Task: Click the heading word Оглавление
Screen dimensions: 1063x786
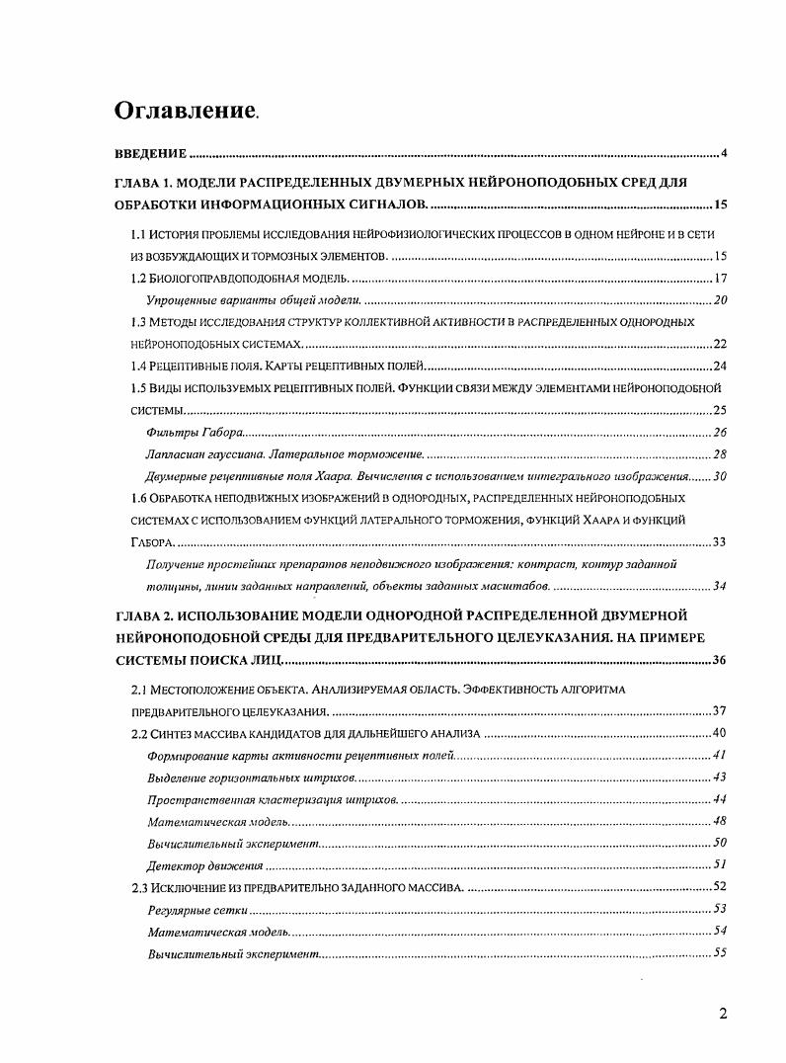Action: point(185,110)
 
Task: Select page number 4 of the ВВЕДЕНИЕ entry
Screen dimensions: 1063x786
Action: point(724,154)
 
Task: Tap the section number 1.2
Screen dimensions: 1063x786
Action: point(139,279)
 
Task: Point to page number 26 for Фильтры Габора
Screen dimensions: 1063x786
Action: point(720,433)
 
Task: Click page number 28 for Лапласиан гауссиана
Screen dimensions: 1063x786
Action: point(720,454)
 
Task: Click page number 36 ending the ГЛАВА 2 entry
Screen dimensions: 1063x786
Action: point(720,660)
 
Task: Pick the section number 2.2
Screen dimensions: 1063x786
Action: point(139,733)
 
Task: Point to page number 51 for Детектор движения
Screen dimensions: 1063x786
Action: point(720,864)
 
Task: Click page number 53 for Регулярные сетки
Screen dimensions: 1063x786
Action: point(720,909)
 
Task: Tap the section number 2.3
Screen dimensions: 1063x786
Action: point(139,887)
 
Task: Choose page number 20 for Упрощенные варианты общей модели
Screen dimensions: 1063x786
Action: point(720,300)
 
